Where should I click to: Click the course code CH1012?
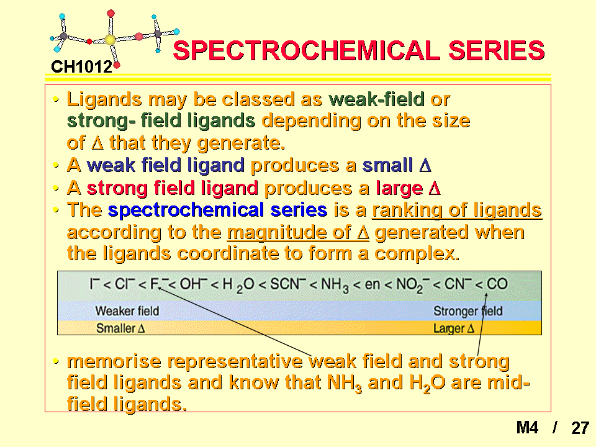tap(82, 67)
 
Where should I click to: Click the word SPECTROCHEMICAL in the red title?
tap(306, 50)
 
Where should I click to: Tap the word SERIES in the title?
tap(497, 50)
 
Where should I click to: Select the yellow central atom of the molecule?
tap(110, 40)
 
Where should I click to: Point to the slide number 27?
tap(580, 428)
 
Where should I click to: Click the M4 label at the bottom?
tap(527, 428)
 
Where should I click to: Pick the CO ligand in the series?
tap(497, 284)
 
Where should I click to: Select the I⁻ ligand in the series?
tap(94, 284)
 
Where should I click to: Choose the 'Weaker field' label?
tap(127, 311)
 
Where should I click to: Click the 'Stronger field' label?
tap(468, 311)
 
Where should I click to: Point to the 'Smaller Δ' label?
tap(120, 328)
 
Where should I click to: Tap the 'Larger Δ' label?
tap(454, 328)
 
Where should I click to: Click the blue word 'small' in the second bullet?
tap(387, 165)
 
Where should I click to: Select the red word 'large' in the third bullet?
tap(399, 188)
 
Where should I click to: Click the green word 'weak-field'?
tap(377, 99)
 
